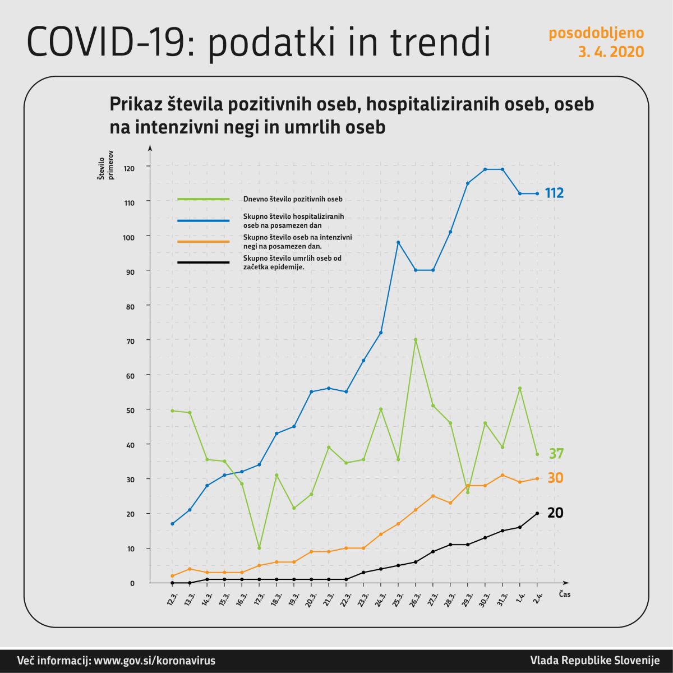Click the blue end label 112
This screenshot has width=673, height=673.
[x=554, y=193]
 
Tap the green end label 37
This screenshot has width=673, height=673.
[x=556, y=454]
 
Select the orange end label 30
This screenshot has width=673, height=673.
[x=555, y=478]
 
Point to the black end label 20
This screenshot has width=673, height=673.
[x=555, y=513]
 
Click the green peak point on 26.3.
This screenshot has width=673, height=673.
[x=416, y=339]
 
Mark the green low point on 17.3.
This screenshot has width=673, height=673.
[x=259, y=548]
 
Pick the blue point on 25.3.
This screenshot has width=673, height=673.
[x=398, y=242]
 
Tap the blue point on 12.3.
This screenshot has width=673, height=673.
[x=172, y=524]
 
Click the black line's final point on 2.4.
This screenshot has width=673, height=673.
[x=537, y=513]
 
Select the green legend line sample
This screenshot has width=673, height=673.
[x=203, y=199]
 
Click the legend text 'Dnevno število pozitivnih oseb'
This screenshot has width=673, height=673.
[x=293, y=199]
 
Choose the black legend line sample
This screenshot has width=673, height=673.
[x=203, y=262]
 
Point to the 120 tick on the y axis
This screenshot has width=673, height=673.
[x=130, y=167]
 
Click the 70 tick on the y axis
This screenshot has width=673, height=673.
[x=130, y=340]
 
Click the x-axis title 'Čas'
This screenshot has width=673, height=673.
[x=564, y=594]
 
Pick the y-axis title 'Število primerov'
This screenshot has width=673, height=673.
[x=106, y=164]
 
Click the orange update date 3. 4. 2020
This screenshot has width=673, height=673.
[x=611, y=52]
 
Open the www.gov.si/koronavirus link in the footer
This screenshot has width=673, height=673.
[x=154, y=660]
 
